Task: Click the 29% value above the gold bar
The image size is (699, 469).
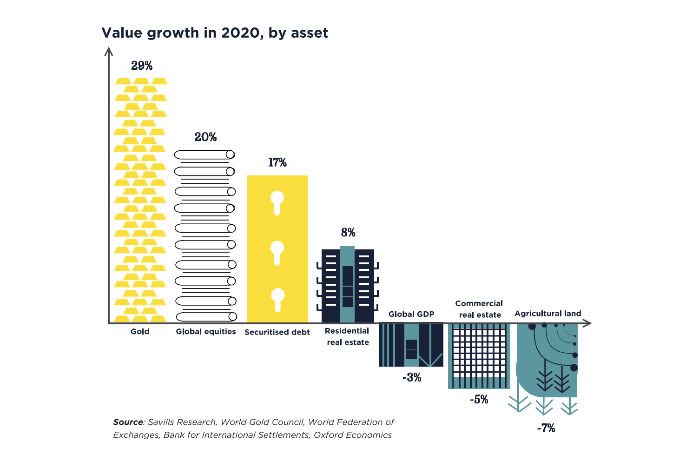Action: [x=142, y=66]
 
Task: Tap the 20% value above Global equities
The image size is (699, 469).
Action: [x=205, y=137]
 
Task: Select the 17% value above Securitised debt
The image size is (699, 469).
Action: [x=277, y=162]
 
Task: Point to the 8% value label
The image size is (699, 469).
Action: [x=348, y=232]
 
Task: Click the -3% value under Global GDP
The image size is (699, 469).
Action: [x=412, y=377]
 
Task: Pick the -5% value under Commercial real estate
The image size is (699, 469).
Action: [x=479, y=399]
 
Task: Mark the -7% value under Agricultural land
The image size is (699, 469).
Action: [x=546, y=428]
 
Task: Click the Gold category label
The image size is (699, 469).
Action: [x=140, y=332]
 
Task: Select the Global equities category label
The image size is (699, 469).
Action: [x=206, y=332]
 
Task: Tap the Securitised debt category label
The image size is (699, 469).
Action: [x=277, y=332]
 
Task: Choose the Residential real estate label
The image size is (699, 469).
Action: [x=348, y=336]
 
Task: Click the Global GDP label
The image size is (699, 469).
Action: [x=411, y=314]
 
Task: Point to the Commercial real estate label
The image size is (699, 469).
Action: [x=479, y=309]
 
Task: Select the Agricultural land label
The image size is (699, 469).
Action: [x=547, y=314]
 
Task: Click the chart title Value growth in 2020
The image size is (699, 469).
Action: [x=215, y=33]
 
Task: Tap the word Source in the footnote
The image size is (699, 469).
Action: [x=128, y=422]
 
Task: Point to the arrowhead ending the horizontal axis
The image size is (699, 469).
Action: [x=588, y=323]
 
